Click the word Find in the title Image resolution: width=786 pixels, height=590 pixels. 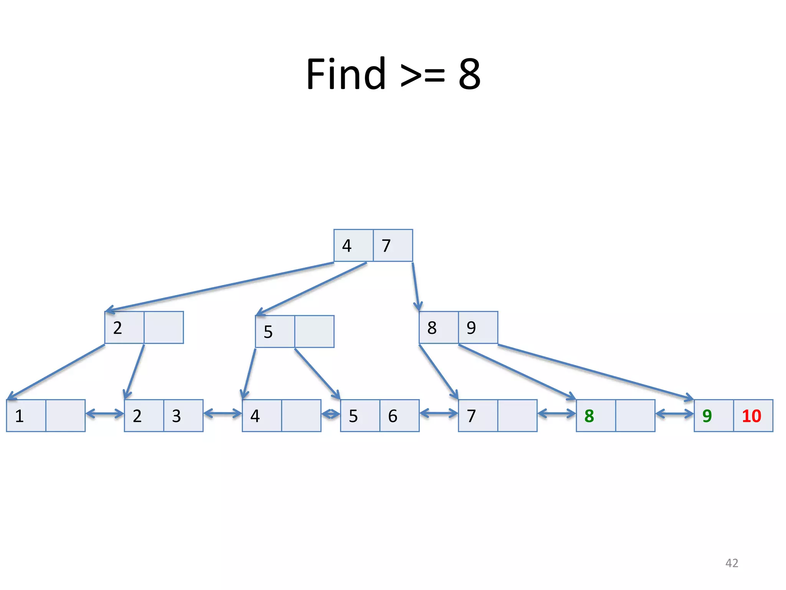point(345,74)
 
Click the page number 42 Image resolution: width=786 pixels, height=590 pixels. point(732,563)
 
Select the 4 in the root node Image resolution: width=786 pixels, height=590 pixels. point(347,246)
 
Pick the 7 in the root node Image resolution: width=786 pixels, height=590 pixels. point(386,246)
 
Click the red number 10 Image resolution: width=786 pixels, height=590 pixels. point(751,416)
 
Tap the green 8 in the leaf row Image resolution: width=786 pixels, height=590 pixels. point(589,416)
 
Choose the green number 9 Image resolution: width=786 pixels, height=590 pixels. point(707,416)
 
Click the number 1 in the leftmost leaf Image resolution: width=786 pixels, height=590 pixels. point(20,416)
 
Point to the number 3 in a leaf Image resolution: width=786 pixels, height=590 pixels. point(176,416)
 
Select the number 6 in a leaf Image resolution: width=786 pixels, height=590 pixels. point(393,416)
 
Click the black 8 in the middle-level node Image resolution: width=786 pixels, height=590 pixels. point(432,328)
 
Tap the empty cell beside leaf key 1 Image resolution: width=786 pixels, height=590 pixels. point(65,416)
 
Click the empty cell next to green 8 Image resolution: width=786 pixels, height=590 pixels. point(635,416)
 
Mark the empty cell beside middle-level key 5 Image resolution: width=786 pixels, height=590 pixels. point(314,331)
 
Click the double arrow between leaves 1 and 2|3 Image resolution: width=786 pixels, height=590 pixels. point(105,414)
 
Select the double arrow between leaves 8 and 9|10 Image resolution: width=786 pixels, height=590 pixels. point(674,414)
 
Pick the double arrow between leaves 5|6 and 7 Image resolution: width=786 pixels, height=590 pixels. point(439,414)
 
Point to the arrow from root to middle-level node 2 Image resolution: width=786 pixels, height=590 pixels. point(219,287)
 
